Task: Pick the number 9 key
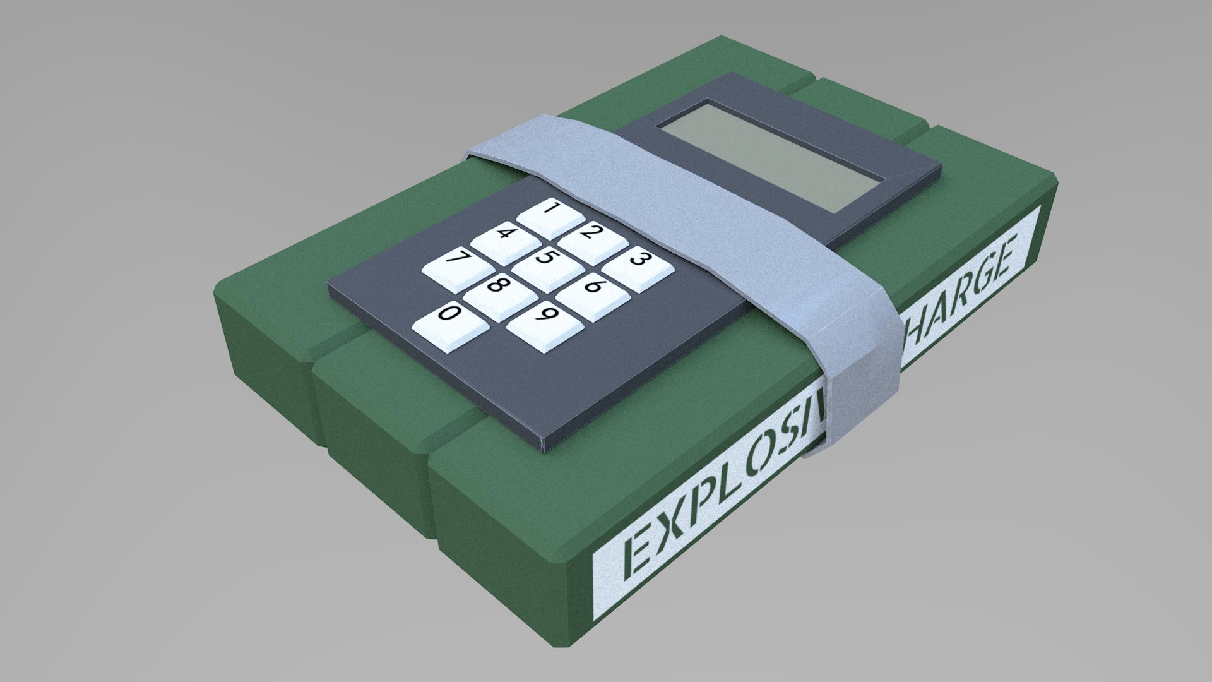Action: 544,320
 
